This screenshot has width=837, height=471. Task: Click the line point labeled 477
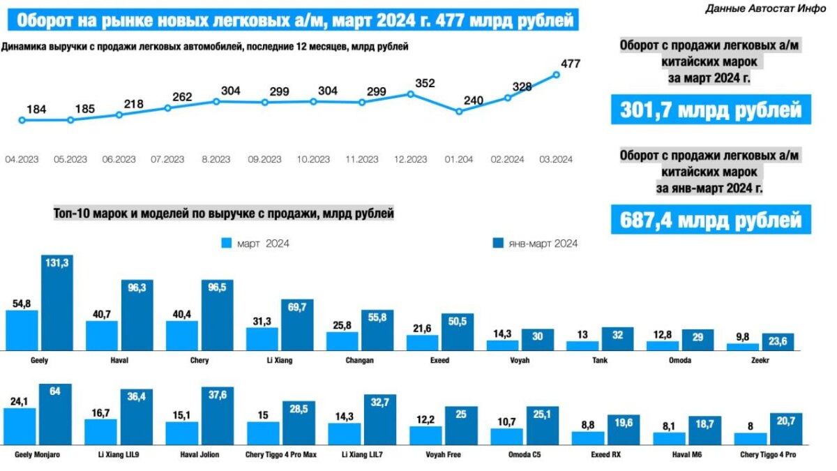557,75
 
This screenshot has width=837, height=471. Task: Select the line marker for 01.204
458,112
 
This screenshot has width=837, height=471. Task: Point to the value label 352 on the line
424,83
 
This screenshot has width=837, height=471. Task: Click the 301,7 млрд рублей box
711,110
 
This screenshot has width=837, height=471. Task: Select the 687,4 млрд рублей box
711,220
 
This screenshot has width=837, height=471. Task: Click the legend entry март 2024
255,244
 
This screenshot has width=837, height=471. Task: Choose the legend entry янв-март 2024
535,244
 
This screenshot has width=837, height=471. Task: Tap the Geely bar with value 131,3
57,303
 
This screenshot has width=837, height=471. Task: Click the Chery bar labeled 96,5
217,315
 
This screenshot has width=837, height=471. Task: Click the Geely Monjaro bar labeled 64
54,414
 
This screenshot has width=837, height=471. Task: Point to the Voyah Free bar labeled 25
460,426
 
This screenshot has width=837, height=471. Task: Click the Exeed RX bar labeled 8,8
588,438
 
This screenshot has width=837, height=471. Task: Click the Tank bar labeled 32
617,338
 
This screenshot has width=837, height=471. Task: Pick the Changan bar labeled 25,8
342,341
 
